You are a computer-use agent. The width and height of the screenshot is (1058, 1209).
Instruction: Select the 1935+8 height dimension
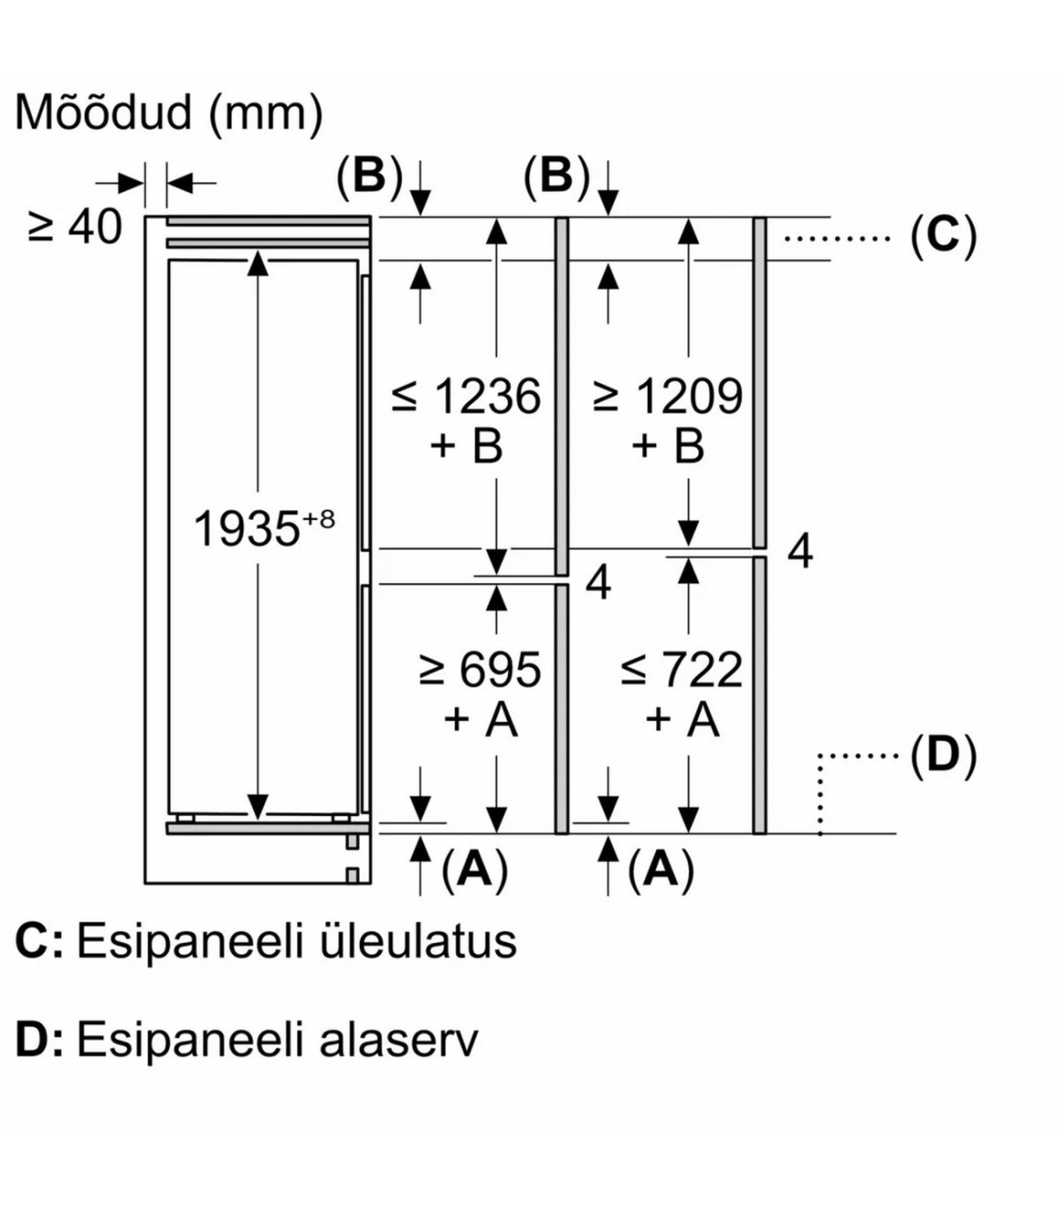click(x=263, y=530)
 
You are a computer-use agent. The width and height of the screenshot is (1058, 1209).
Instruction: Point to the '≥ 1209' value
click(x=668, y=397)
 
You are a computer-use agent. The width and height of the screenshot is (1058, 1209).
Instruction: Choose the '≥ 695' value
click(x=480, y=671)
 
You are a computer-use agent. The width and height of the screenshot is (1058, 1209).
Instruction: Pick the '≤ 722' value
click(x=682, y=671)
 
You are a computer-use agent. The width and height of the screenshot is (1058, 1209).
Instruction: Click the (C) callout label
click(x=943, y=237)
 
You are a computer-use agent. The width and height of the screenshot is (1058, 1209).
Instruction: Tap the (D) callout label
click(x=943, y=756)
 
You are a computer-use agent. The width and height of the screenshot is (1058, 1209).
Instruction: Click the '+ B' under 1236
click(x=466, y=447)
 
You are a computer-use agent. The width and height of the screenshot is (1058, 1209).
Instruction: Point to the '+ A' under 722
click(x=682, y=720)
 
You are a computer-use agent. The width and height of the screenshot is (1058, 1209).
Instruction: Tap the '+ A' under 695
click(x=480, y=720)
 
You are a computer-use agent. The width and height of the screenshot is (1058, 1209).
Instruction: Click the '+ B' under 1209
click(x=667, y=447)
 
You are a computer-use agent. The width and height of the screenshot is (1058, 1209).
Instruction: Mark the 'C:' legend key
click(x=39, y=941)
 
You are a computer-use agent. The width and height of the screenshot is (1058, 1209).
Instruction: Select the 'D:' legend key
click(x=39, y=1040)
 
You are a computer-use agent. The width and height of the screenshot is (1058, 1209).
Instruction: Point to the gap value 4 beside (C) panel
click(x=799, y=553)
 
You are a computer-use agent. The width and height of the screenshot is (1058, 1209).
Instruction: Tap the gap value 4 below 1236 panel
click(x=598, y=583)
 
